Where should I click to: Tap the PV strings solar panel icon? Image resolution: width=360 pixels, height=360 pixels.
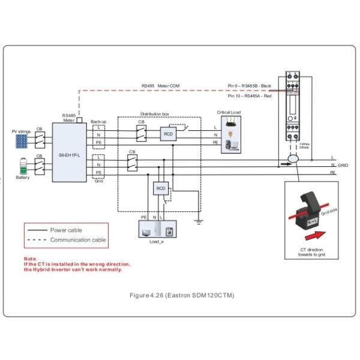pyautogui.click(x=22, y=140)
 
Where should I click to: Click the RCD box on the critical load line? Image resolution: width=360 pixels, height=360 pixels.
pyautogui.click(x=169, y=133)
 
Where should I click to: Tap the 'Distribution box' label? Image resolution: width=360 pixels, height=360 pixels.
pyautogui.click(x=155, y=113)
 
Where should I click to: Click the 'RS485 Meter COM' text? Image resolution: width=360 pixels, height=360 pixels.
pyautogui.click(x=160, y=86)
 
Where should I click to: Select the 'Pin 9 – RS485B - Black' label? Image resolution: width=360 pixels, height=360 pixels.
pyautogui.click(x=250, y=86)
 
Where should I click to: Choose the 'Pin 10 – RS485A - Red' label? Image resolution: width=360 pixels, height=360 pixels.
pyautogui.click(x=250, y=95)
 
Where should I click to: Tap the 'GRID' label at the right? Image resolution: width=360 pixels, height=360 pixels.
pyautogui.click(x=343, y=165)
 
